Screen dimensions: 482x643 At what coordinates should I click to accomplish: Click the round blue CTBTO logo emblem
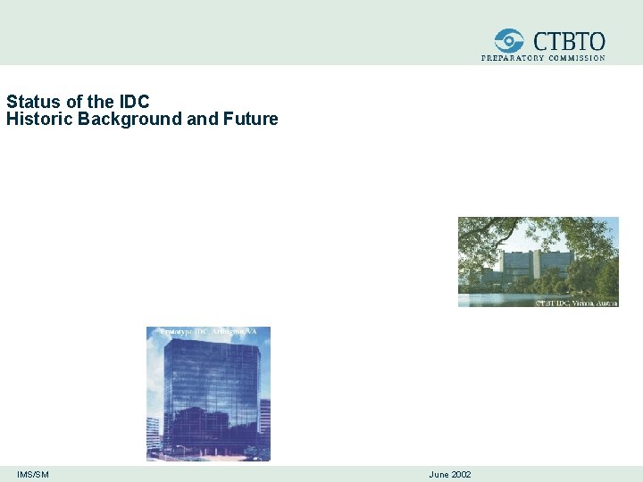(510, 41)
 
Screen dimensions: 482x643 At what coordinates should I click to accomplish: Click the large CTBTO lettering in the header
(569, 41)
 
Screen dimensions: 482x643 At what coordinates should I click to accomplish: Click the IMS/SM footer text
(33, 474)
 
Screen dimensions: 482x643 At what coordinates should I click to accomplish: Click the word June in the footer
(438, 474)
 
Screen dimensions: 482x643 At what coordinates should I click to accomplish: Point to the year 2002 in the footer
(461, 474)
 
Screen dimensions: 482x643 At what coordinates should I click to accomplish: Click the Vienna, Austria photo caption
(576, 303)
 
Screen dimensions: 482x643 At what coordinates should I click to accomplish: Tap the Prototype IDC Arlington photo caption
(208, 332)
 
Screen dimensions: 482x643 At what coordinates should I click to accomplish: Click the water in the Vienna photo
(500, 298)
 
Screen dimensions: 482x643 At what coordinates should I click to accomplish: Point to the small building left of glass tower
(154, 433)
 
